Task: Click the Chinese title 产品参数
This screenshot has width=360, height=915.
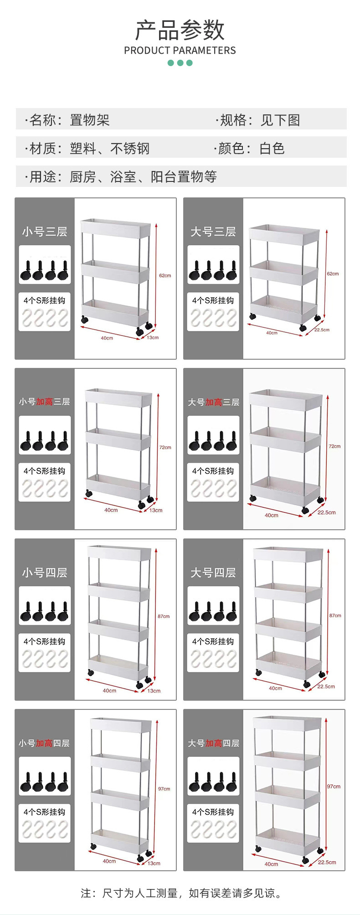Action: tap(180, 30)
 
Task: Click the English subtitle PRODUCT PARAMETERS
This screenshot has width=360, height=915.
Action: tap(180, 51)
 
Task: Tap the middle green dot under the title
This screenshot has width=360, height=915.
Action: tap(180, 63)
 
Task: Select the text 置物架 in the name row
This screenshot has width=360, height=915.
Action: tap(90, 120)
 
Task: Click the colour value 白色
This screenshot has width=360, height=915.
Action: tap(272, 149)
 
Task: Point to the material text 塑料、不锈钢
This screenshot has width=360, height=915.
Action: tap(109, 149)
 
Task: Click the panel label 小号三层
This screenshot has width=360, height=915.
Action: tap(45, 232)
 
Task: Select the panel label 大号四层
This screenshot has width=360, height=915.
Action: tap(213, 573)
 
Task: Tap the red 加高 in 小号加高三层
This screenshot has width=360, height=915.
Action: tap(45, 402)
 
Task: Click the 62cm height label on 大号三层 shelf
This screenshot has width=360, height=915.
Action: tap(333, 274)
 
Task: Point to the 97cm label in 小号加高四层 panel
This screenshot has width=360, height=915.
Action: tap(164, 789)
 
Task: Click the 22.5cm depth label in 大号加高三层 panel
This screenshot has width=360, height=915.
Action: tap(326, 512)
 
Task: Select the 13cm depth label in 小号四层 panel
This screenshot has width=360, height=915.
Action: tap(154, 691)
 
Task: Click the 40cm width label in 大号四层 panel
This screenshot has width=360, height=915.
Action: tap(275, 688)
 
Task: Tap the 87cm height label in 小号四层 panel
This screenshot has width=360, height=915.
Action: tap(164, 616)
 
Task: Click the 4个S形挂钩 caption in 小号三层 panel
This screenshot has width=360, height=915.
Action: tap(45, 300)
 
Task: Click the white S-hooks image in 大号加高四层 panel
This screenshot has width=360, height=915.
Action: tap(213, 829)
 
